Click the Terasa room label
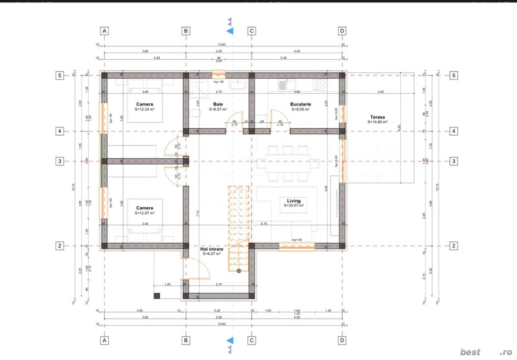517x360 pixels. [x=377, y=117]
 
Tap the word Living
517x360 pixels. [x=294, y=201]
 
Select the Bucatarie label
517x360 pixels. [x=300, y=104]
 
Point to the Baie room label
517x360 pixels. [x=218, y=104]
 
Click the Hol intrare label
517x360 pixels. [x=212, y=249]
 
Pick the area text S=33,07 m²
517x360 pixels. [x=294, y=206]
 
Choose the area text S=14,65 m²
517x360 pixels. [x=377, y=122]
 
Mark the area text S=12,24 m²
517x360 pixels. [x=145, y=109]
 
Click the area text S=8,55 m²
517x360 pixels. [x=300, y=109]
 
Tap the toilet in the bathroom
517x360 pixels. [x=196, y=114]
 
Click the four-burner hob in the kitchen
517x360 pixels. [x=319, y=85]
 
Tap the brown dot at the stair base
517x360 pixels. [x=239, y=270]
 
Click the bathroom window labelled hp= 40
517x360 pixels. [x=219, y=74]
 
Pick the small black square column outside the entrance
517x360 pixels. [x=157, y=296]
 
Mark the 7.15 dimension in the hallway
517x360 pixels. [x=198, y=214]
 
